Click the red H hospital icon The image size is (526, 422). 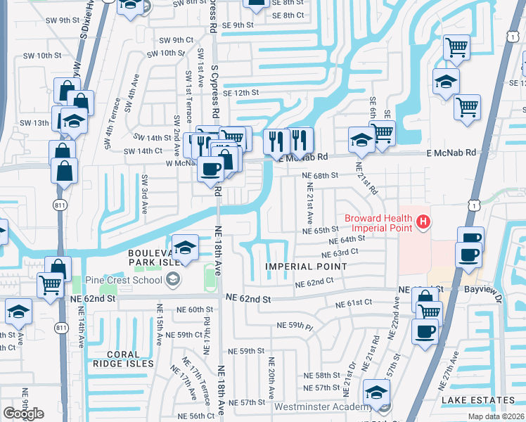423,223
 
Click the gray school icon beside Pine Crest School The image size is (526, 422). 172,280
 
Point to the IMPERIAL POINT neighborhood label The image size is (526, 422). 306,267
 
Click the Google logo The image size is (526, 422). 23,414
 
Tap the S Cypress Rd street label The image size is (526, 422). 213,18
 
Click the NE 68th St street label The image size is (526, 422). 320,175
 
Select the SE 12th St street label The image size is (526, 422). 241,92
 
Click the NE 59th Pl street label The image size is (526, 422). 295,326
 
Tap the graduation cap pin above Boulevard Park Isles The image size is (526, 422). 185,248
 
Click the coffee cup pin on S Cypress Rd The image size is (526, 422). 211,170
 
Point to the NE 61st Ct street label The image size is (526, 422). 354,304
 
